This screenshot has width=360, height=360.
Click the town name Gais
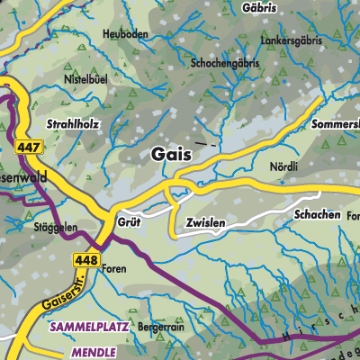point(166,154)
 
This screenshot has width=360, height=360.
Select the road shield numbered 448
point(85,259)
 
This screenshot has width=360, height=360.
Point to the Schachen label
point(317,216)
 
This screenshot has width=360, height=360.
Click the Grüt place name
point(130,220)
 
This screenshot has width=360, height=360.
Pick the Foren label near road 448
point(113,268)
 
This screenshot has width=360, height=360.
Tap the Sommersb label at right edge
point(337,121)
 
